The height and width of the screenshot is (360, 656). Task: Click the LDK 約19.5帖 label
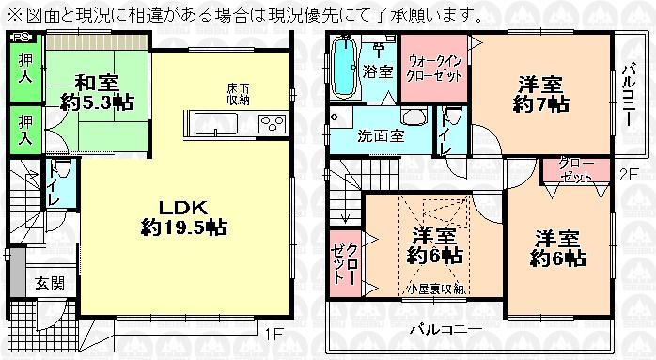click(x=183, y=217)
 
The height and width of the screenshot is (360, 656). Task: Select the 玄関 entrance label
click(x=50, y=283)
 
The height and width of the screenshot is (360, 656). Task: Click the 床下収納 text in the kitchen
click(x=238, y=94)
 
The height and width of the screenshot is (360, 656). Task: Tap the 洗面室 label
click(x=381, y=135)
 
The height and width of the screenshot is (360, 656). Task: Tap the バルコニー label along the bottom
click(x=445, y=330)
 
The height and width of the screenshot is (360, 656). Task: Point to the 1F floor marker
click(x=271, y=335)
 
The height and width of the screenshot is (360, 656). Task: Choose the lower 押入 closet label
click(x=27, y=129)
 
